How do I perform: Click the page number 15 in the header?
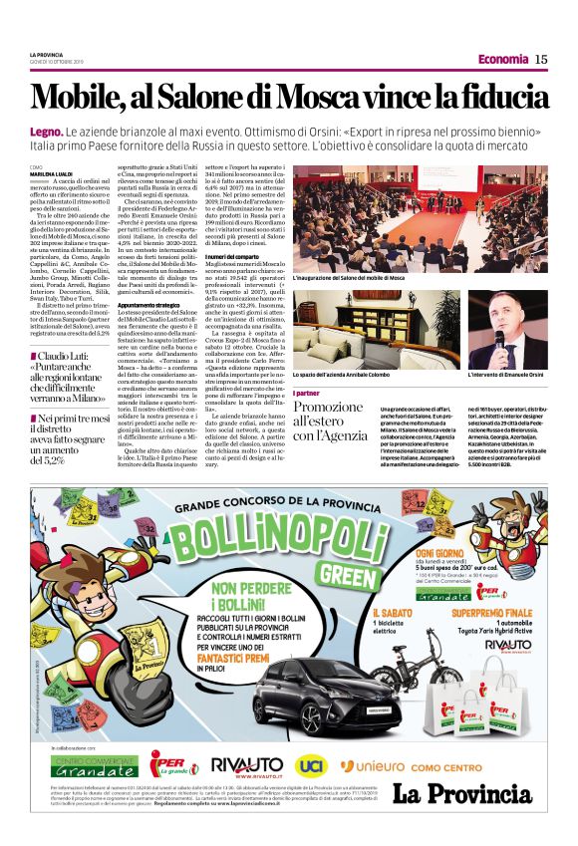[541, 59]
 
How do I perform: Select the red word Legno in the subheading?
[46, 133]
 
